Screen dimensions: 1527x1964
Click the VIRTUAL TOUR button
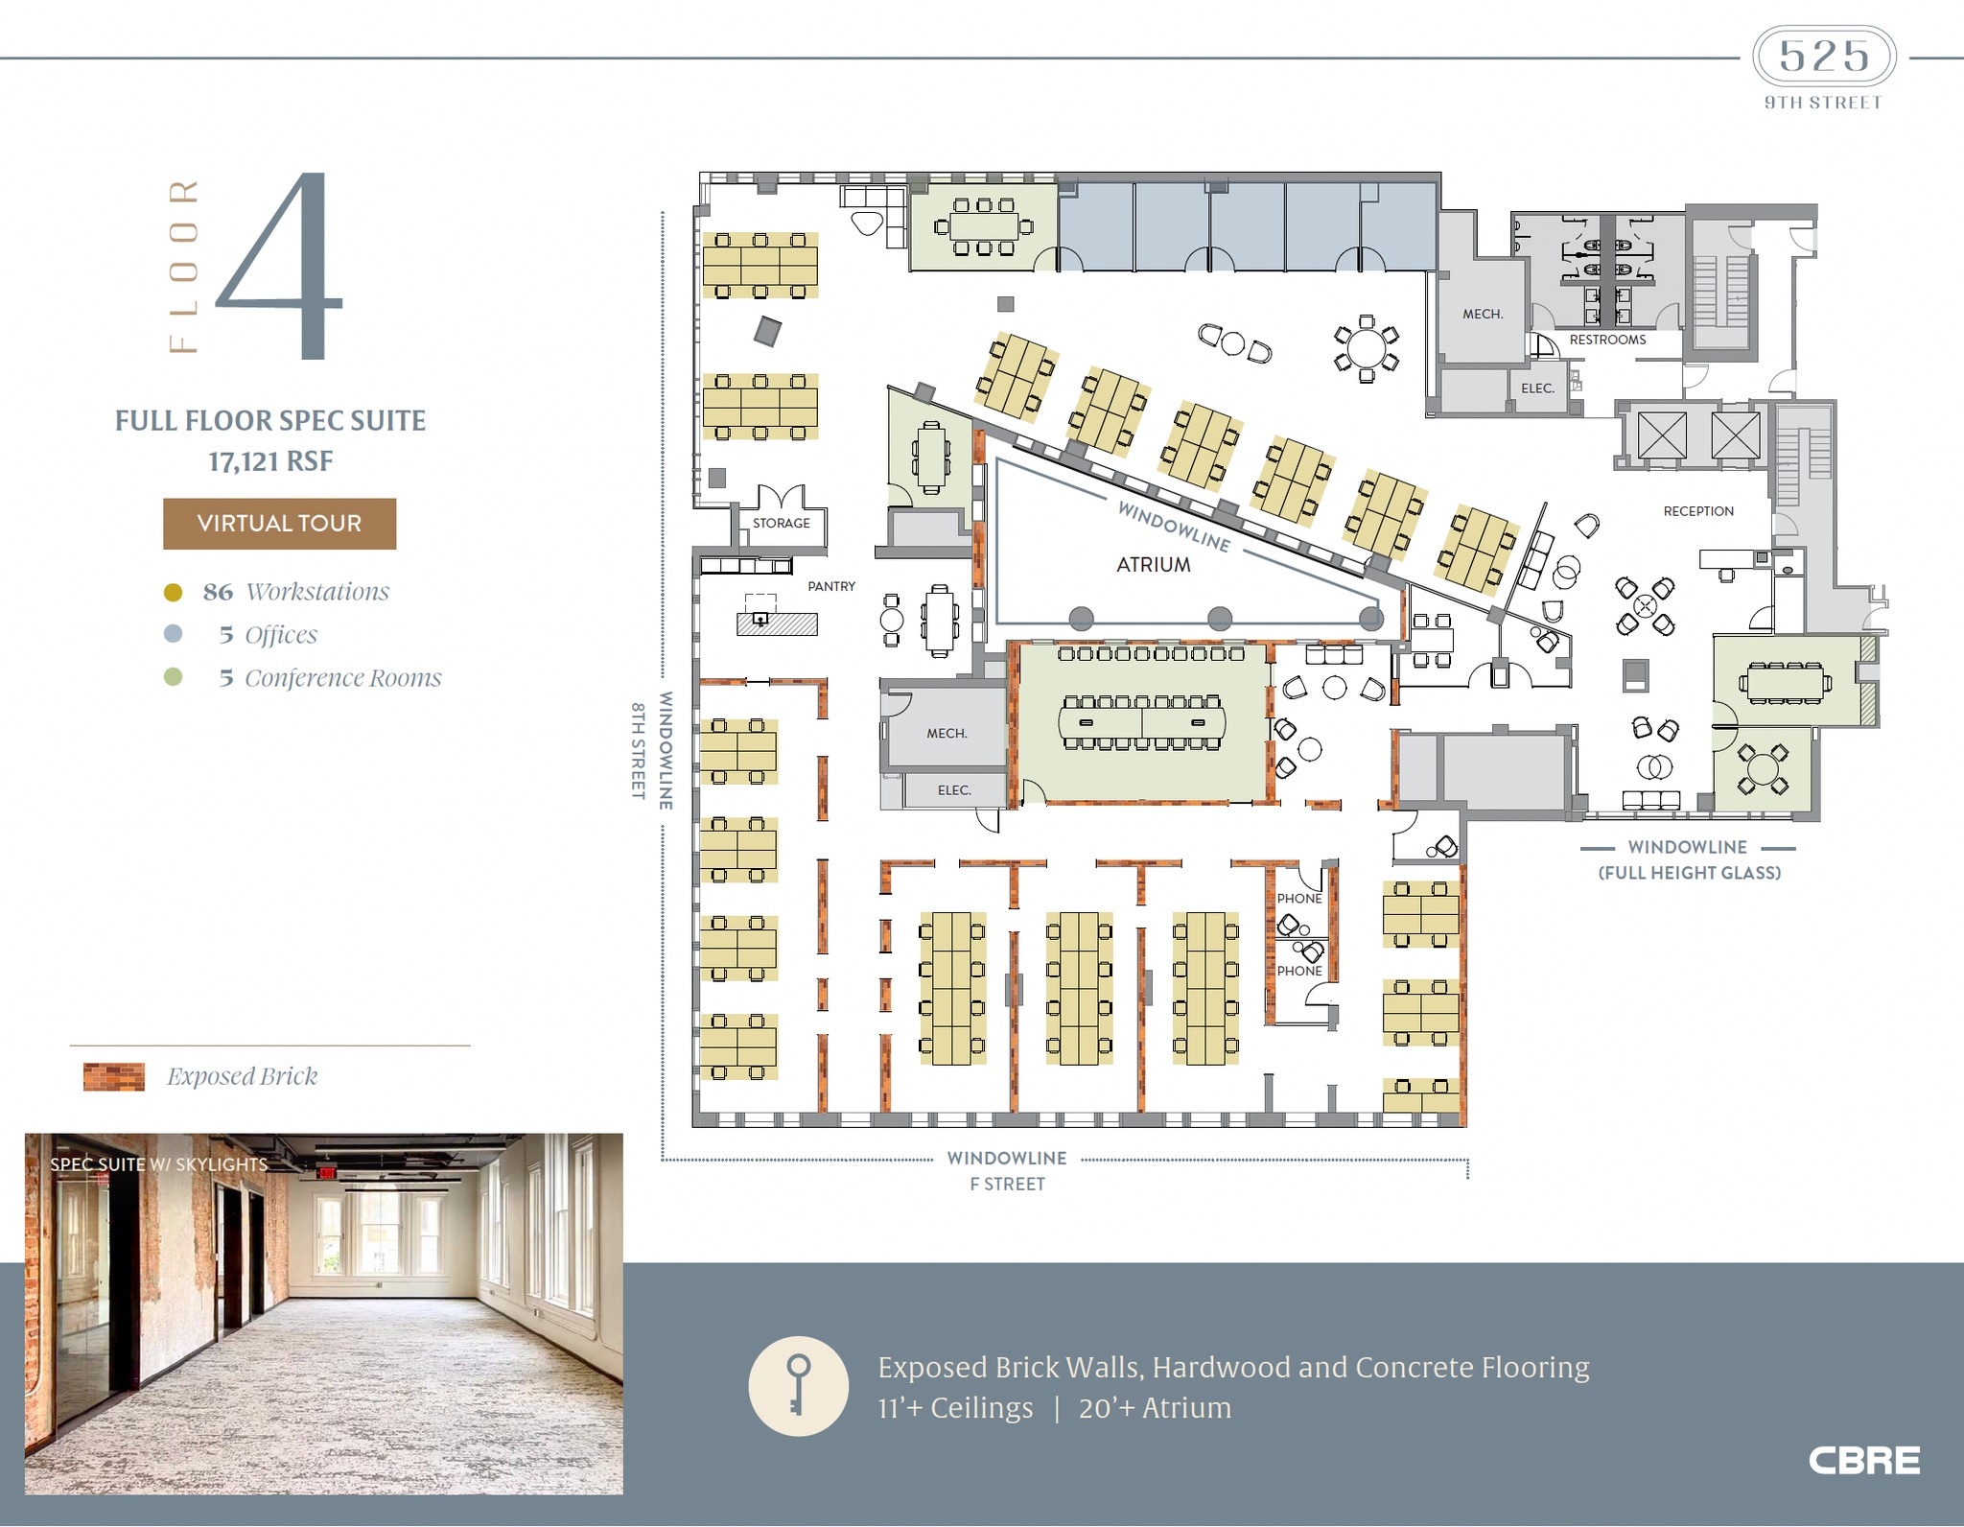coord(279,524)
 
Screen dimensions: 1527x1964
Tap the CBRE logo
coord(1863,1461)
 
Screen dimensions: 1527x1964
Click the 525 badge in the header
coord(1824,57)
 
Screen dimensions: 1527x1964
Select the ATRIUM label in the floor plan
coord(1153,565)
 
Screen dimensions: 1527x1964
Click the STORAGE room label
coord(781,524)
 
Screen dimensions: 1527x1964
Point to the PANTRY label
coord(830,586)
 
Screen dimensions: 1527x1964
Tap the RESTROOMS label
coord(1607,340)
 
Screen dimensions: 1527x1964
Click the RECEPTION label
coord(1697,511)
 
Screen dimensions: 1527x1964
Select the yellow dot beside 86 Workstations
coord(174,592)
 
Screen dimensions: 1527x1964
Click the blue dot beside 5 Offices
coord(174,634)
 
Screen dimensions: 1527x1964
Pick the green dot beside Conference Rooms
coord(174,677)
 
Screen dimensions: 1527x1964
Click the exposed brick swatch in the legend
coord(114,1076)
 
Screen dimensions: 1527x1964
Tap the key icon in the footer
coord(798,1385)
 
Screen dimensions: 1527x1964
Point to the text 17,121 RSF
coord(270,461)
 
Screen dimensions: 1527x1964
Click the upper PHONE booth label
coord(1298,899)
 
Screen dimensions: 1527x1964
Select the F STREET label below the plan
coord(1007,1184)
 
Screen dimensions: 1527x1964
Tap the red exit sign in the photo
coord(328,1172)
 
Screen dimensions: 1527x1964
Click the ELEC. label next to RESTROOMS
coord(1536,388)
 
